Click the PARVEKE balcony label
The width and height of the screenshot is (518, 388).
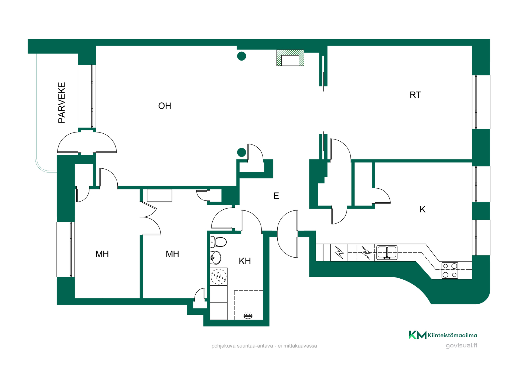click(62, 103)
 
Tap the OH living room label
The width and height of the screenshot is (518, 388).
click(165, 106)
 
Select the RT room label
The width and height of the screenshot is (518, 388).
click(415, 95)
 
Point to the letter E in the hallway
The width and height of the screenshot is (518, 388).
click(276, 196)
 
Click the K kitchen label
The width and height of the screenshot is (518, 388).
click(422, 209)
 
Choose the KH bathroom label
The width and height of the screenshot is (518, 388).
click(245, 261)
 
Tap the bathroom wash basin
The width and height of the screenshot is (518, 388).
click(216, 258)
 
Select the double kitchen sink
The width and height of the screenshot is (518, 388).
click(387, 252)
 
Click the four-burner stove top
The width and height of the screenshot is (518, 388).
click(450, 270)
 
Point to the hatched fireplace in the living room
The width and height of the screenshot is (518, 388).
click(290, 58)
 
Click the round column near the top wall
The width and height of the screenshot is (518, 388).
click(241, 56)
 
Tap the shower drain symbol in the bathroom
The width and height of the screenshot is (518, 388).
click(248, 316)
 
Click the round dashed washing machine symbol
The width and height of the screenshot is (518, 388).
click(219, 276)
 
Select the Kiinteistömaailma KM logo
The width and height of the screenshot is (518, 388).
click(443, 335)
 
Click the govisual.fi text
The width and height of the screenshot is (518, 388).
click(461, 345)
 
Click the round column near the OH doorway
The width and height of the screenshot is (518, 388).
click(241, 152)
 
